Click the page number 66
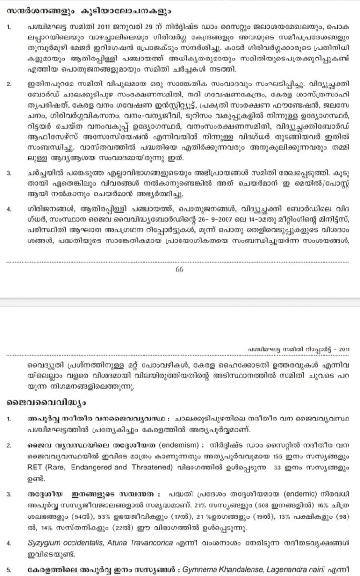tap(180, 269)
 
